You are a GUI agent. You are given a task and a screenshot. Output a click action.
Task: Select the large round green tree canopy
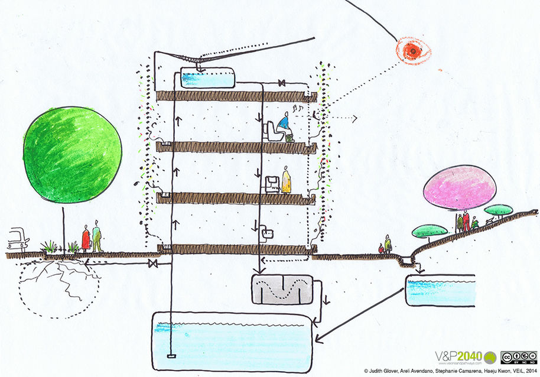tap(72, 155)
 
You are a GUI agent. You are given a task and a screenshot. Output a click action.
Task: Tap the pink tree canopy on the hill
tap(460, 187)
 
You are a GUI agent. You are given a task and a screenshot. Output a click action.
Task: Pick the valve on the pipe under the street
tap(154, 263)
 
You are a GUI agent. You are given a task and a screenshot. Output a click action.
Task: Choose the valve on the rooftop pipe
tap(283, 82)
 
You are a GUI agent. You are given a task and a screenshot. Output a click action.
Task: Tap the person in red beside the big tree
tap(86, 239)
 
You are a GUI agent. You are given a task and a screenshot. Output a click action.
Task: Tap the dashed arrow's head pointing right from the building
tap(356, 119)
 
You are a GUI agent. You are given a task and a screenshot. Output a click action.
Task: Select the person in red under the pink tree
tap(466, 222)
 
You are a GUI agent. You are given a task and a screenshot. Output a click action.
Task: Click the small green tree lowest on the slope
tap(428, 231)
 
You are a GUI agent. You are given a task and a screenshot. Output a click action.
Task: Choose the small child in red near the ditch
tap(382, 249)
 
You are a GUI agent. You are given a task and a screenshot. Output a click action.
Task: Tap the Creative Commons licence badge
tap(518, 357)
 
